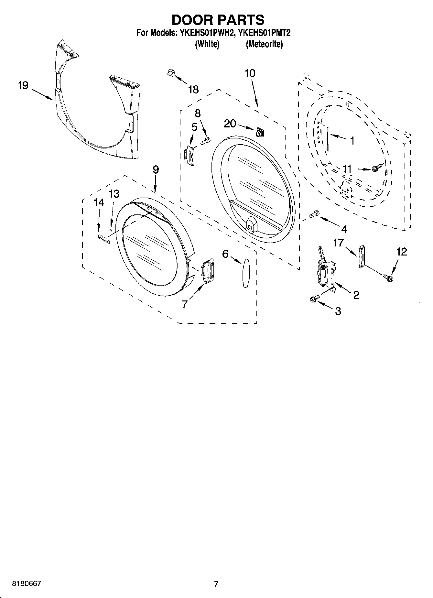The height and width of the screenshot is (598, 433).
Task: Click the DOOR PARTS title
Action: [x=218, y=20]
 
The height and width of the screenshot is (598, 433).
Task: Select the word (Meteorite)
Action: [x=264, y=44]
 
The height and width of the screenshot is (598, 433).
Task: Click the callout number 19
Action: [x=23, y=86]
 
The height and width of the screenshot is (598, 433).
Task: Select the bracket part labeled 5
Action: [x=190, y=155]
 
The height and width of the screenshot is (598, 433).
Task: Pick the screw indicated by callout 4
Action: [x=314, y=214]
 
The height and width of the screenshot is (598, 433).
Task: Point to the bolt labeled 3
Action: [x=314, y=299]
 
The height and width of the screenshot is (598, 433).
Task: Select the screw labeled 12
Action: [x=387, y=277]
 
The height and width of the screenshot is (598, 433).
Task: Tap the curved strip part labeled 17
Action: [x=361, y=256]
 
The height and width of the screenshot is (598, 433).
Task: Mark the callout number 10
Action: [x=250, y=73]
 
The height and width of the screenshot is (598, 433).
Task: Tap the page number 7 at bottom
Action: [x=216, y=584]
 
